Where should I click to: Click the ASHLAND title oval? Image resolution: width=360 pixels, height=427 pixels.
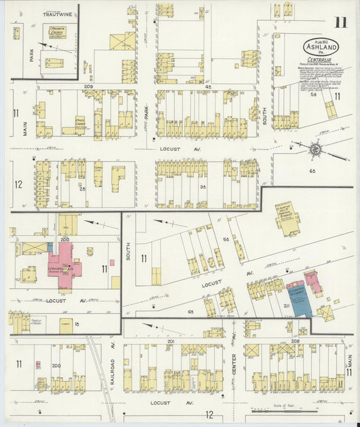point(320,47)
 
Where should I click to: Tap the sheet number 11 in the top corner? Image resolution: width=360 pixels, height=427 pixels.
point(340,22)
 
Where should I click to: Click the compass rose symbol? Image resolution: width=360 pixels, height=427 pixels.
point(314,149)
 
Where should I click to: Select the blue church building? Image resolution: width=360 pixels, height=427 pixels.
point(297,298)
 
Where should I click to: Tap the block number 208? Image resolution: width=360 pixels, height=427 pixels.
point(295,342)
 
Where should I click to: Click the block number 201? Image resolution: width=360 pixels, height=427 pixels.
point(171,342)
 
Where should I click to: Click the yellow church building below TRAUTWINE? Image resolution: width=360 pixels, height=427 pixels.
point(57,32)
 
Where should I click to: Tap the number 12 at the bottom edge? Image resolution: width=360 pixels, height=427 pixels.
point(210,413)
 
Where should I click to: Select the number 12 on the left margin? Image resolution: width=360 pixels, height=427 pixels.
point(18,184)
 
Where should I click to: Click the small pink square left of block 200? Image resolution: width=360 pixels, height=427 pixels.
point(38,366)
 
